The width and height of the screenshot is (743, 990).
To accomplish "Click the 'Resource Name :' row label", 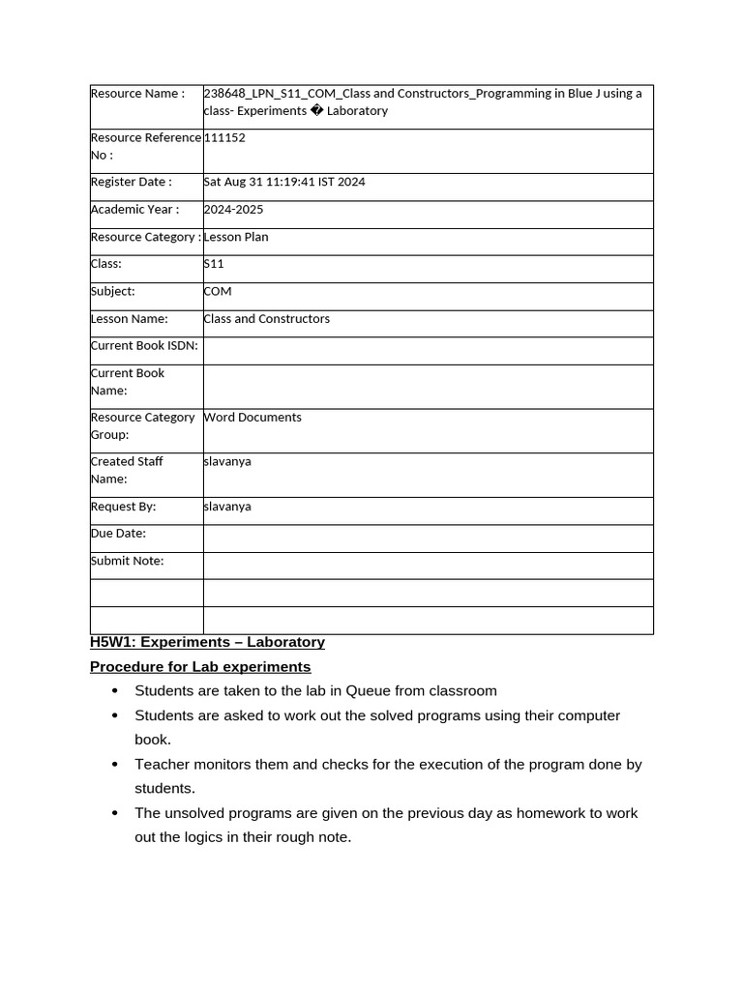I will coord(136,94).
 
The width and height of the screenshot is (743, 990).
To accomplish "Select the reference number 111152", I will coord(224,138).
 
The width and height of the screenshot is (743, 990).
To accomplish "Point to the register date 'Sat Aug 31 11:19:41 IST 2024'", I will coord(284,182).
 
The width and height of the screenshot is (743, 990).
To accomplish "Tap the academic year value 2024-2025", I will coord(233,210).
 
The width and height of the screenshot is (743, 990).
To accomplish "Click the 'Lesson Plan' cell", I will coord(236,237).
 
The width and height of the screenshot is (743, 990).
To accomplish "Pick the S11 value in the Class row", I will coord(214,264).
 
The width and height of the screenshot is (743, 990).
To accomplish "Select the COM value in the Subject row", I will coord(218,291).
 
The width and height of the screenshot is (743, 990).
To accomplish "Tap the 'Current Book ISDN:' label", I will coord(144,346).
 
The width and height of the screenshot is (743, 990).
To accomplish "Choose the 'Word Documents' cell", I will coord(253,418).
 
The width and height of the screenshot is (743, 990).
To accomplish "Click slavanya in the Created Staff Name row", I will coord(227,462).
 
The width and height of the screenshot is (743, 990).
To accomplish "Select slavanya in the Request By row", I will coord(227,507).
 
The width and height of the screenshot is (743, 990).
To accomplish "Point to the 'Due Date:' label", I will coord(118,534).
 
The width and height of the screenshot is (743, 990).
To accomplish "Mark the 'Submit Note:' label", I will coord(127,561).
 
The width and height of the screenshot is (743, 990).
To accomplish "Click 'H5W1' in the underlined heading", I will coord(111,642).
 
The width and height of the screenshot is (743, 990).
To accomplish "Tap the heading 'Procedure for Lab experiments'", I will coord(200,667).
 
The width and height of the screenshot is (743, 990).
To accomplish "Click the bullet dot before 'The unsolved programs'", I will coord(115,814).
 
